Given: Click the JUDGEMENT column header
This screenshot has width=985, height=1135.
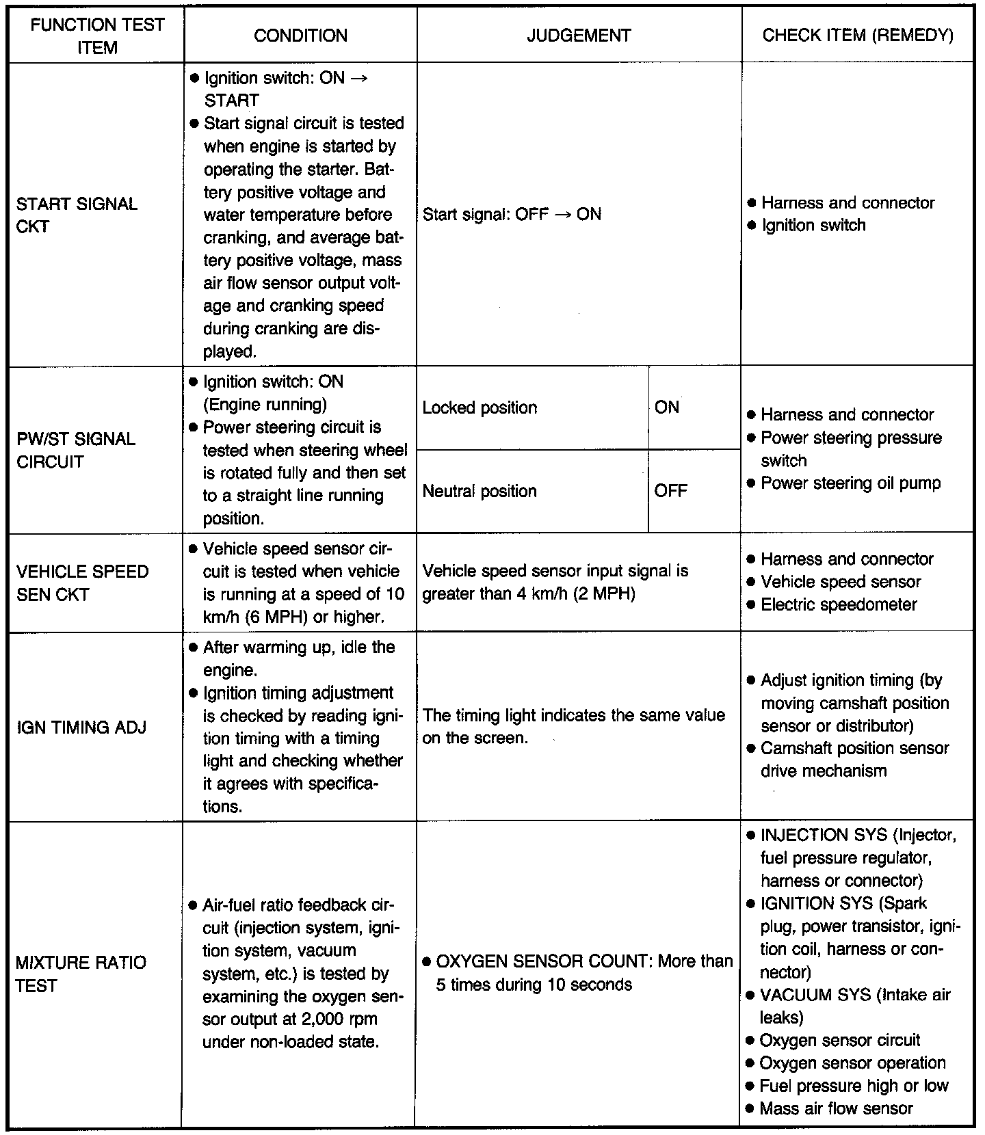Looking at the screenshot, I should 579,36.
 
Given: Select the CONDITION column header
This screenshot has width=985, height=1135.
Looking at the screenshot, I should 300,36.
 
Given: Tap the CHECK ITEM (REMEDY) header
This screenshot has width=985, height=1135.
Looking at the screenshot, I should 858,36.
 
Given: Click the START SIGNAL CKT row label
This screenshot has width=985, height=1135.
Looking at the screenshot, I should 76,215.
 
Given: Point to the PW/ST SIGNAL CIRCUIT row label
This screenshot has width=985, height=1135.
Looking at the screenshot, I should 75,450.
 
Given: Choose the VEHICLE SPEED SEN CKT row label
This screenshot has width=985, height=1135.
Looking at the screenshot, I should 82,583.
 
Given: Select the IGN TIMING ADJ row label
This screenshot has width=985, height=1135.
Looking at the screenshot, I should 81,727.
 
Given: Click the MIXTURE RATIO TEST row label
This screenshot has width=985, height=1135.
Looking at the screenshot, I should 81,974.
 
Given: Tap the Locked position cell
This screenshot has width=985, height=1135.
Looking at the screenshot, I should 480,408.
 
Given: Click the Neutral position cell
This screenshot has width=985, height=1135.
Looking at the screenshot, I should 480,491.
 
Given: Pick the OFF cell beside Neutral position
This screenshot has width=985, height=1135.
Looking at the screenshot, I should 670,491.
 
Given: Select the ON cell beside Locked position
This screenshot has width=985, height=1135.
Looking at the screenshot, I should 667,408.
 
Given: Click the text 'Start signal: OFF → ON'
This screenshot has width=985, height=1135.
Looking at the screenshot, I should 512,215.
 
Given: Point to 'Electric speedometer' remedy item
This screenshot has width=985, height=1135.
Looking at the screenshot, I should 839,604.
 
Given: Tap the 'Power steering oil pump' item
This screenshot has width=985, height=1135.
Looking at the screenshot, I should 850,483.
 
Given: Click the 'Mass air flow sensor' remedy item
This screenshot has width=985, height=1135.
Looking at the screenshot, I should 836,1108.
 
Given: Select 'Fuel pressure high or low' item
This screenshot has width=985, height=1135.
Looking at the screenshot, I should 854,1086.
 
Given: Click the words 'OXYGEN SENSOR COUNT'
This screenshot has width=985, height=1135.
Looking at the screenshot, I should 544,961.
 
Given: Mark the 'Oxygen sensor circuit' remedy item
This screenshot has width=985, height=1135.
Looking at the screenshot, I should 840,1040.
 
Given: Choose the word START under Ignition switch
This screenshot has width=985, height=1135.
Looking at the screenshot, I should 231,101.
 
